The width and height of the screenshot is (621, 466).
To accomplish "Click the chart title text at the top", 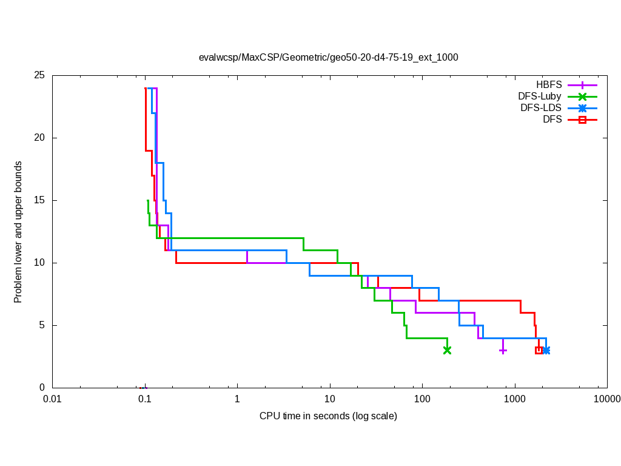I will click(328, 58).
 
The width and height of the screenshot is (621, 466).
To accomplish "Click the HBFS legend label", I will click(549, 85).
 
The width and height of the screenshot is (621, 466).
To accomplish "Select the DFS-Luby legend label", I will click(540, 96).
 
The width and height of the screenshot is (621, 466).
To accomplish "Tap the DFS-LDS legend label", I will click(541, 108).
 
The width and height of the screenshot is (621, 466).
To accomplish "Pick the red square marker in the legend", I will click(582, 120).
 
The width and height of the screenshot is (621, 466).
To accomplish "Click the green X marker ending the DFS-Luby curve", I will click(447, 350).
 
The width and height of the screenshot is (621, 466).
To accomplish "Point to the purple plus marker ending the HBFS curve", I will click(503, 350).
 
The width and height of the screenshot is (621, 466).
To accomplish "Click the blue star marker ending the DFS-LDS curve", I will click(546, 350).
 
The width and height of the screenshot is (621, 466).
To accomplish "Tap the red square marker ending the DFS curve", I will click(539, 350).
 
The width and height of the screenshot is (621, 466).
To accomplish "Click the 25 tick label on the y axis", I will click(39, 76).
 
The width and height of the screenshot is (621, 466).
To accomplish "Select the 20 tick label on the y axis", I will click(39, 138).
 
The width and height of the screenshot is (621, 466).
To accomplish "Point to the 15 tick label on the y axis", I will click(39, 200).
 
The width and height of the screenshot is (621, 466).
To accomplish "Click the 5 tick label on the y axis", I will click(42, 325).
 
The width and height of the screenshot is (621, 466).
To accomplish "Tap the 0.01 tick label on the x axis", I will click(53, 399).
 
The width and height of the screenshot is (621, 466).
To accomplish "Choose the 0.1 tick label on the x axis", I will click(145, 399).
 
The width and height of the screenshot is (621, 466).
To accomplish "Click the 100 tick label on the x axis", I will click(422, 399).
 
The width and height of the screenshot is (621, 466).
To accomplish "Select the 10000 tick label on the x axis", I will click(606, 399).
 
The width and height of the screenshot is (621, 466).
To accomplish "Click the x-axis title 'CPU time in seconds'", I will click(328, 416).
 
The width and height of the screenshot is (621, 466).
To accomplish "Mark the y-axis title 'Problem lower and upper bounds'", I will click(18, 232).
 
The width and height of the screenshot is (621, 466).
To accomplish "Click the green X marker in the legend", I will click(582, 96).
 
